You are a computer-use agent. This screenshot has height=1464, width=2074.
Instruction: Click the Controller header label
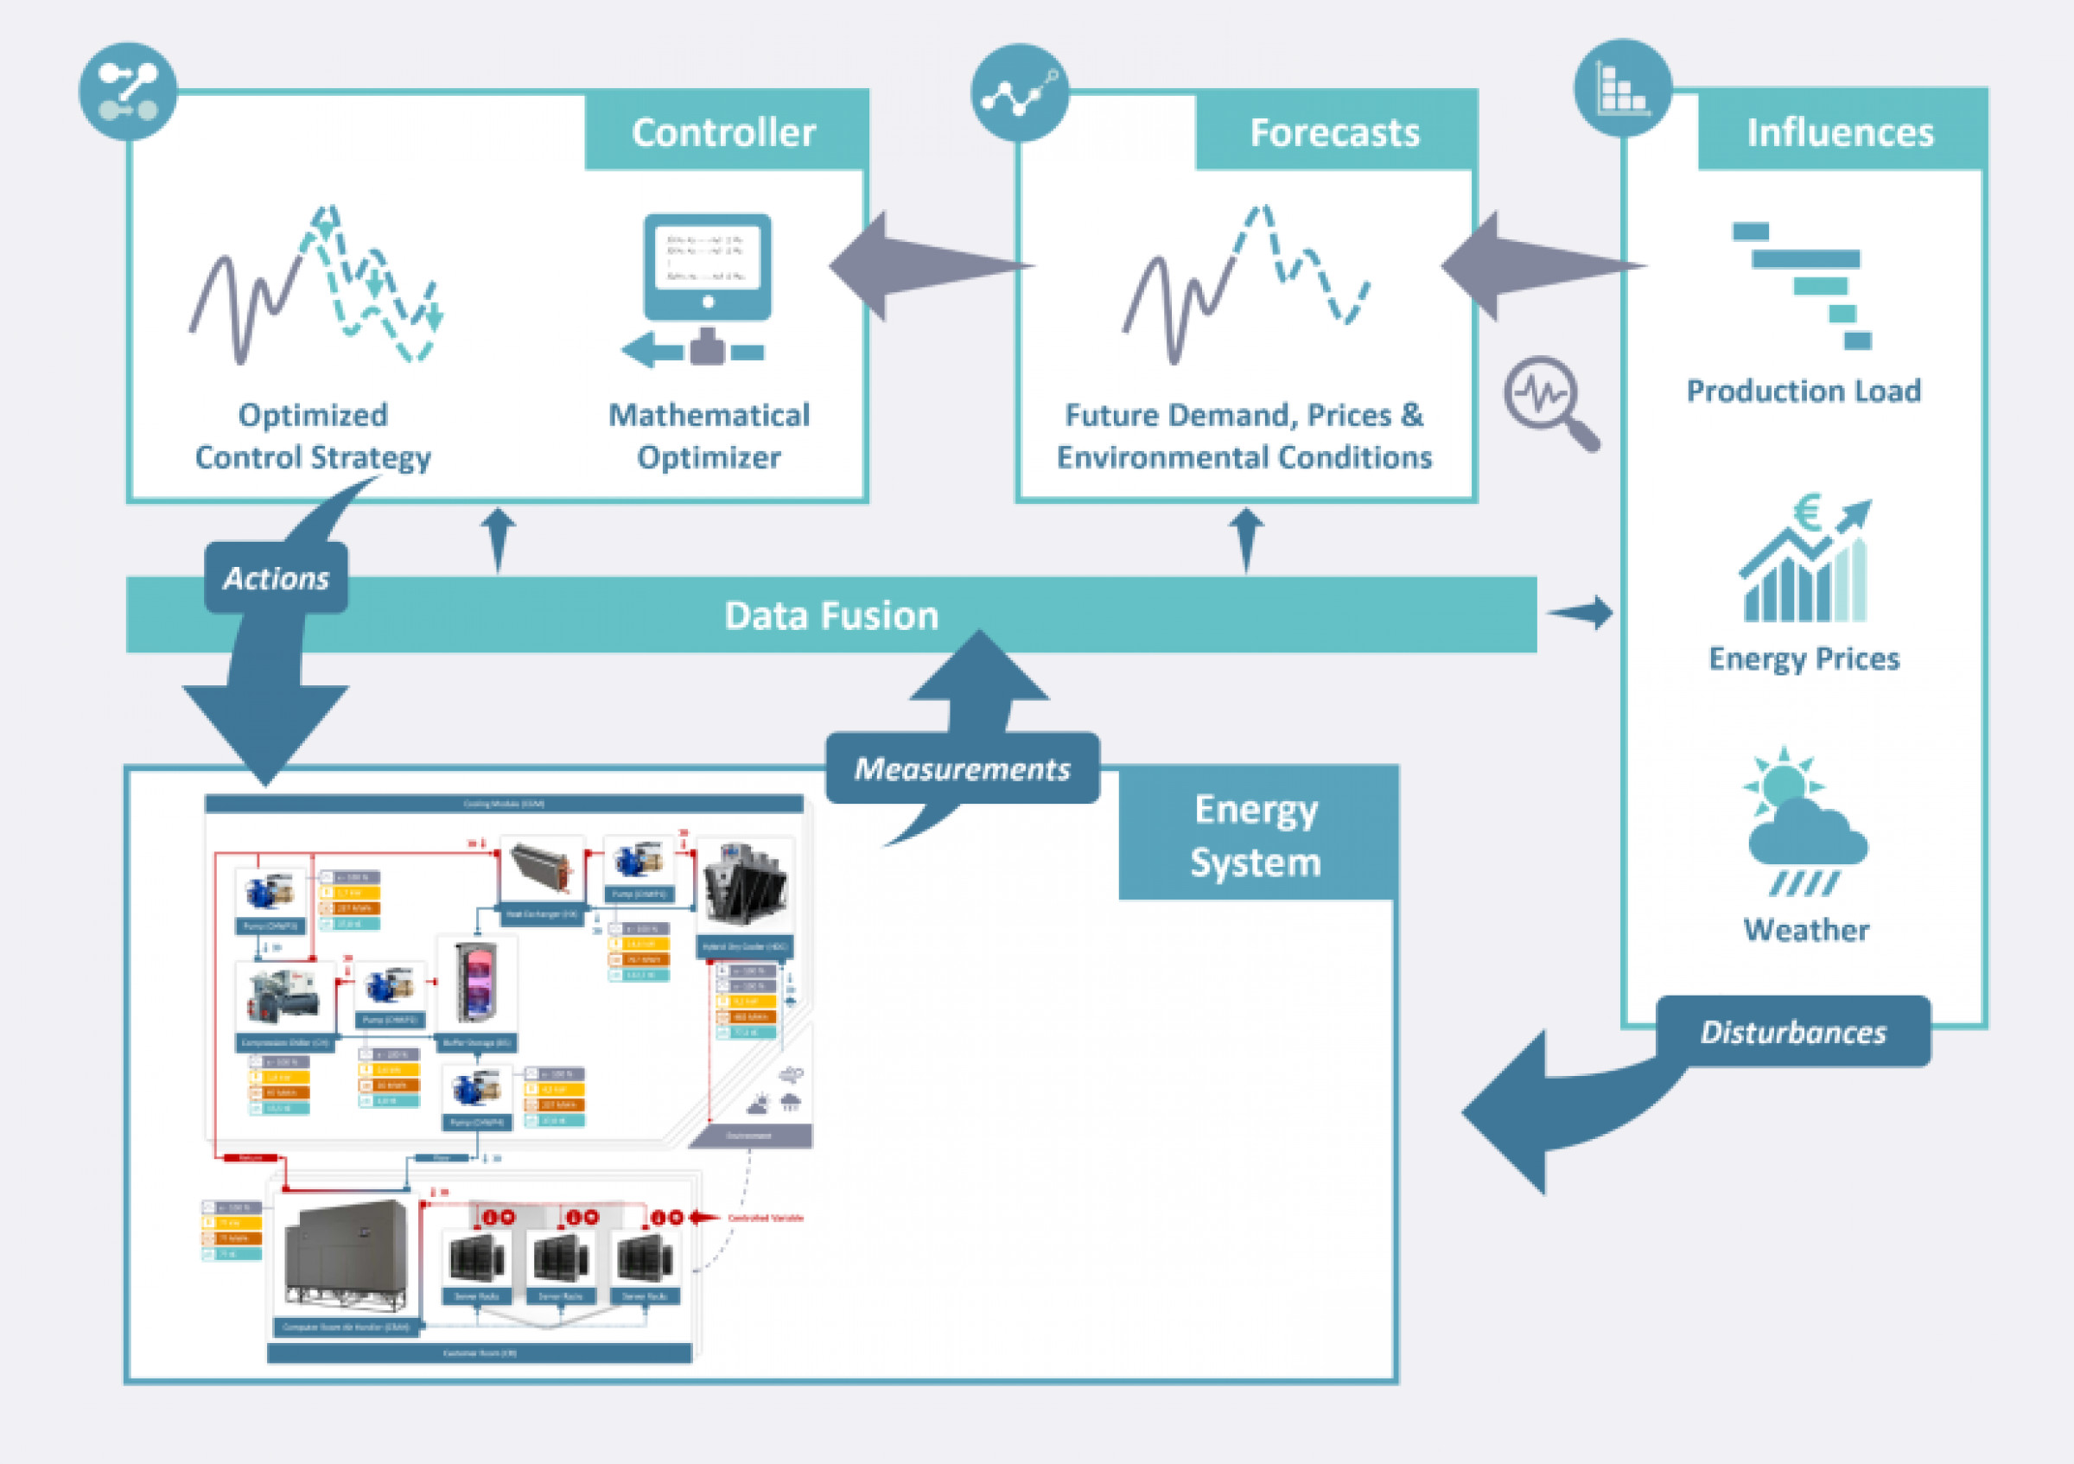(723, 132)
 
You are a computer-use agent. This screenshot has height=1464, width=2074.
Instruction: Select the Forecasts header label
(1334, 132)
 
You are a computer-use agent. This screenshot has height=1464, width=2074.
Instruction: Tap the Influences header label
(1840, 132)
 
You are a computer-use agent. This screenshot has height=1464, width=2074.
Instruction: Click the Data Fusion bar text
(831, 615)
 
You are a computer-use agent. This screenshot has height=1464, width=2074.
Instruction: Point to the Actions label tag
(276, 578)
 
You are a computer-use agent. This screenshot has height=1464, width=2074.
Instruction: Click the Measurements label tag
(962, 768)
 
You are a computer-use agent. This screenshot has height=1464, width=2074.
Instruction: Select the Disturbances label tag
(1793, 1031)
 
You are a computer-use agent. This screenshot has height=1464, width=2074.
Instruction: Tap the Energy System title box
(1256, 835)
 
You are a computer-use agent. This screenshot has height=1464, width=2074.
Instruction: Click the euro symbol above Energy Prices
(1806, 512)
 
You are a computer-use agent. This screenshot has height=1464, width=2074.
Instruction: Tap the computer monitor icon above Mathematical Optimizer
(707, 267)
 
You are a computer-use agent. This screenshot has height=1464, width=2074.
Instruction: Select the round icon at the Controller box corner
(128, 92)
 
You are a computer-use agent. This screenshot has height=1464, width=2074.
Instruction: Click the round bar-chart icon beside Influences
(1623, 88)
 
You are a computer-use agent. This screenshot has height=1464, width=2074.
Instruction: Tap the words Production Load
(1803, 391)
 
